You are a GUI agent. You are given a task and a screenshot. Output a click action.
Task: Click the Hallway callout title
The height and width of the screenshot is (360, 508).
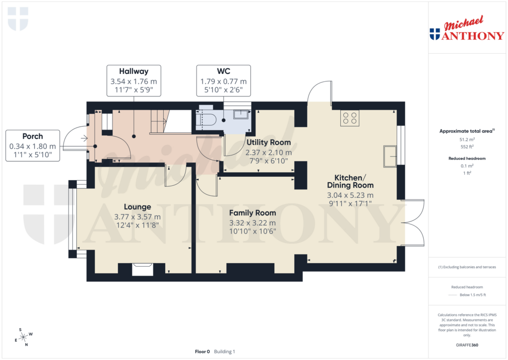pos(133,71)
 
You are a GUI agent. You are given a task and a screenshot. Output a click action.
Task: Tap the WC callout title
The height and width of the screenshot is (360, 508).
pos(223,71)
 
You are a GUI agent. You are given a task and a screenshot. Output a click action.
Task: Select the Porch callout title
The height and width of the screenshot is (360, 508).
pos(33,136)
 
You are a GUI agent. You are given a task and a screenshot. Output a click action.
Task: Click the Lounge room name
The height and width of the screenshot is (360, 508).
pos(137,207)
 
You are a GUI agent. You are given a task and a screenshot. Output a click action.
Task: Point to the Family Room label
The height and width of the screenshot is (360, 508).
pos(252,213)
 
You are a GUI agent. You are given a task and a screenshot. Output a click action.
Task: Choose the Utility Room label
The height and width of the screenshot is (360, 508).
pos(268,143)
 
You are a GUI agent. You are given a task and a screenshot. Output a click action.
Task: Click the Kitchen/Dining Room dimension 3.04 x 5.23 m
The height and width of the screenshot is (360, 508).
pos(350,195)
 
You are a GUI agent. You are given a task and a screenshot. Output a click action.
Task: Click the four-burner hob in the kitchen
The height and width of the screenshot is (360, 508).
pos(350,118)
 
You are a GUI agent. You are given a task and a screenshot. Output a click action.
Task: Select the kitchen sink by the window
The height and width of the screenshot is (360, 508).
pos(389,156)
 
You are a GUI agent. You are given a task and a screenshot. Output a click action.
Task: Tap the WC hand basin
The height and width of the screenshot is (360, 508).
pos(241,114)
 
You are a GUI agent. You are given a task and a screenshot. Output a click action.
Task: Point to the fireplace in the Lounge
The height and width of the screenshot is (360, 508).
pos(143,269)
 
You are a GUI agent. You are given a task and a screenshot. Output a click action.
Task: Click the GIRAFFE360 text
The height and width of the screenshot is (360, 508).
pos(466,345)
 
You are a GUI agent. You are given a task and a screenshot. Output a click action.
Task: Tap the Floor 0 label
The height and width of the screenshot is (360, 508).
pos(202,352)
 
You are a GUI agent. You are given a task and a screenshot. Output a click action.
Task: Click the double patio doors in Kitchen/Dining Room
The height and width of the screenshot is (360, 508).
pos(416,223)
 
